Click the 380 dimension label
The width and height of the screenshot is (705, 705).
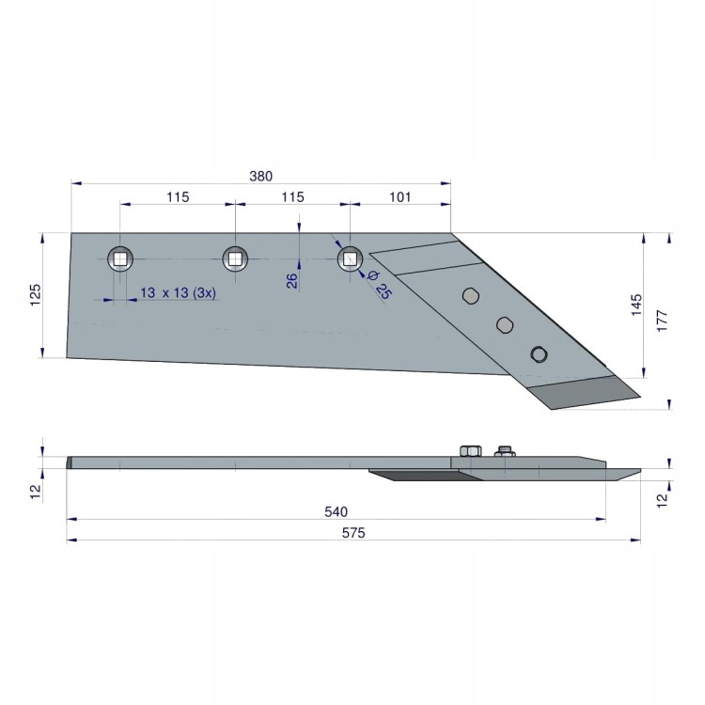260,176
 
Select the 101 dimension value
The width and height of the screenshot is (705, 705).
399,197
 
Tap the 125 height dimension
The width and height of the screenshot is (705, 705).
35,295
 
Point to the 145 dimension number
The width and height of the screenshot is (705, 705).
636,305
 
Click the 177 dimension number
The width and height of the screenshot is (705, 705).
663,321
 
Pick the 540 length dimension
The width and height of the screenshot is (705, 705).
336,511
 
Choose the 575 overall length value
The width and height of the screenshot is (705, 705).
353,533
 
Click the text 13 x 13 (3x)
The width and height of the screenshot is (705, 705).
178,292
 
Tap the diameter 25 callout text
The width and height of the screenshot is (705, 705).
380,285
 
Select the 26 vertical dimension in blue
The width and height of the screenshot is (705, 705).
291,280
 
